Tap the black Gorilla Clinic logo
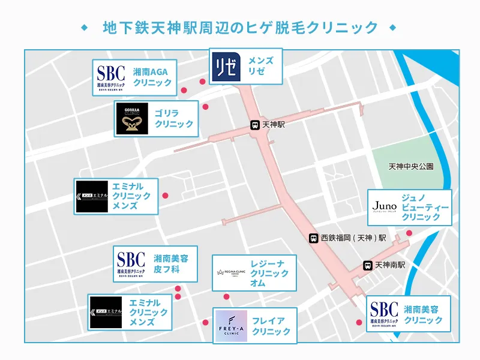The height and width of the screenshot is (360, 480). (132, 119)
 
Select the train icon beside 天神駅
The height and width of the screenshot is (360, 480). (255, 125)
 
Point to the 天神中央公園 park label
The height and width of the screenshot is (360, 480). (410, 166)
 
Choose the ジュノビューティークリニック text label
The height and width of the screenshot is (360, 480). (425, 206)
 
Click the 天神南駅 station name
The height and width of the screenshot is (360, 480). (391, 265)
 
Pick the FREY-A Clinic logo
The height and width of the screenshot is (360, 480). (231, 326)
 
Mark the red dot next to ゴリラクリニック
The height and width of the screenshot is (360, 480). (206, 107)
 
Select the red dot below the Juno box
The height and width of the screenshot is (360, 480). (409, 233)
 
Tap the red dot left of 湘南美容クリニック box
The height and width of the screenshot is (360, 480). (359, 322)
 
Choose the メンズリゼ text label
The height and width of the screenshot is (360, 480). (261, 66)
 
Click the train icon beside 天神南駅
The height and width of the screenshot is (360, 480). (367, 265)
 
